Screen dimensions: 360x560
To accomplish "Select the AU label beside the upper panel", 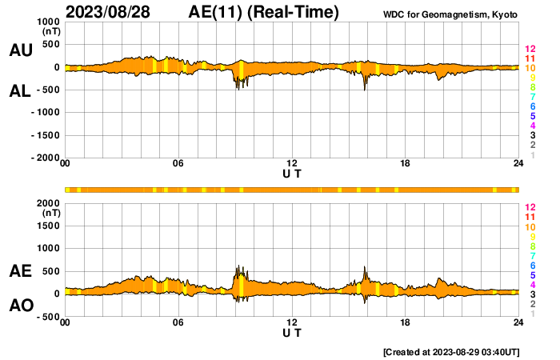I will tap(20, 50).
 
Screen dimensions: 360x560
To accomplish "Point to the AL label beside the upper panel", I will tap(20, 91).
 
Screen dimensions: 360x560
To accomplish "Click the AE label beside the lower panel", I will tap(20, 271).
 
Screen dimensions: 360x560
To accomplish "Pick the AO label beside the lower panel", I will tap(20, 306).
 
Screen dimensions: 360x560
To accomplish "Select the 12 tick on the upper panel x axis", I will tap(292, 164).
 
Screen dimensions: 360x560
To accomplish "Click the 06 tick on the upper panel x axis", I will tap(178, 164).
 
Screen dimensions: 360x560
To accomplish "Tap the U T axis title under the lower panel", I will tap(292, 332).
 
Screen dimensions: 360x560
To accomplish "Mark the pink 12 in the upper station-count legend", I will tap(530, 49).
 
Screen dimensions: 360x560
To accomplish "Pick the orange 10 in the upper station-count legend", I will tap(530, 68).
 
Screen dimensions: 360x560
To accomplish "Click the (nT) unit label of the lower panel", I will tap(50, 214).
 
